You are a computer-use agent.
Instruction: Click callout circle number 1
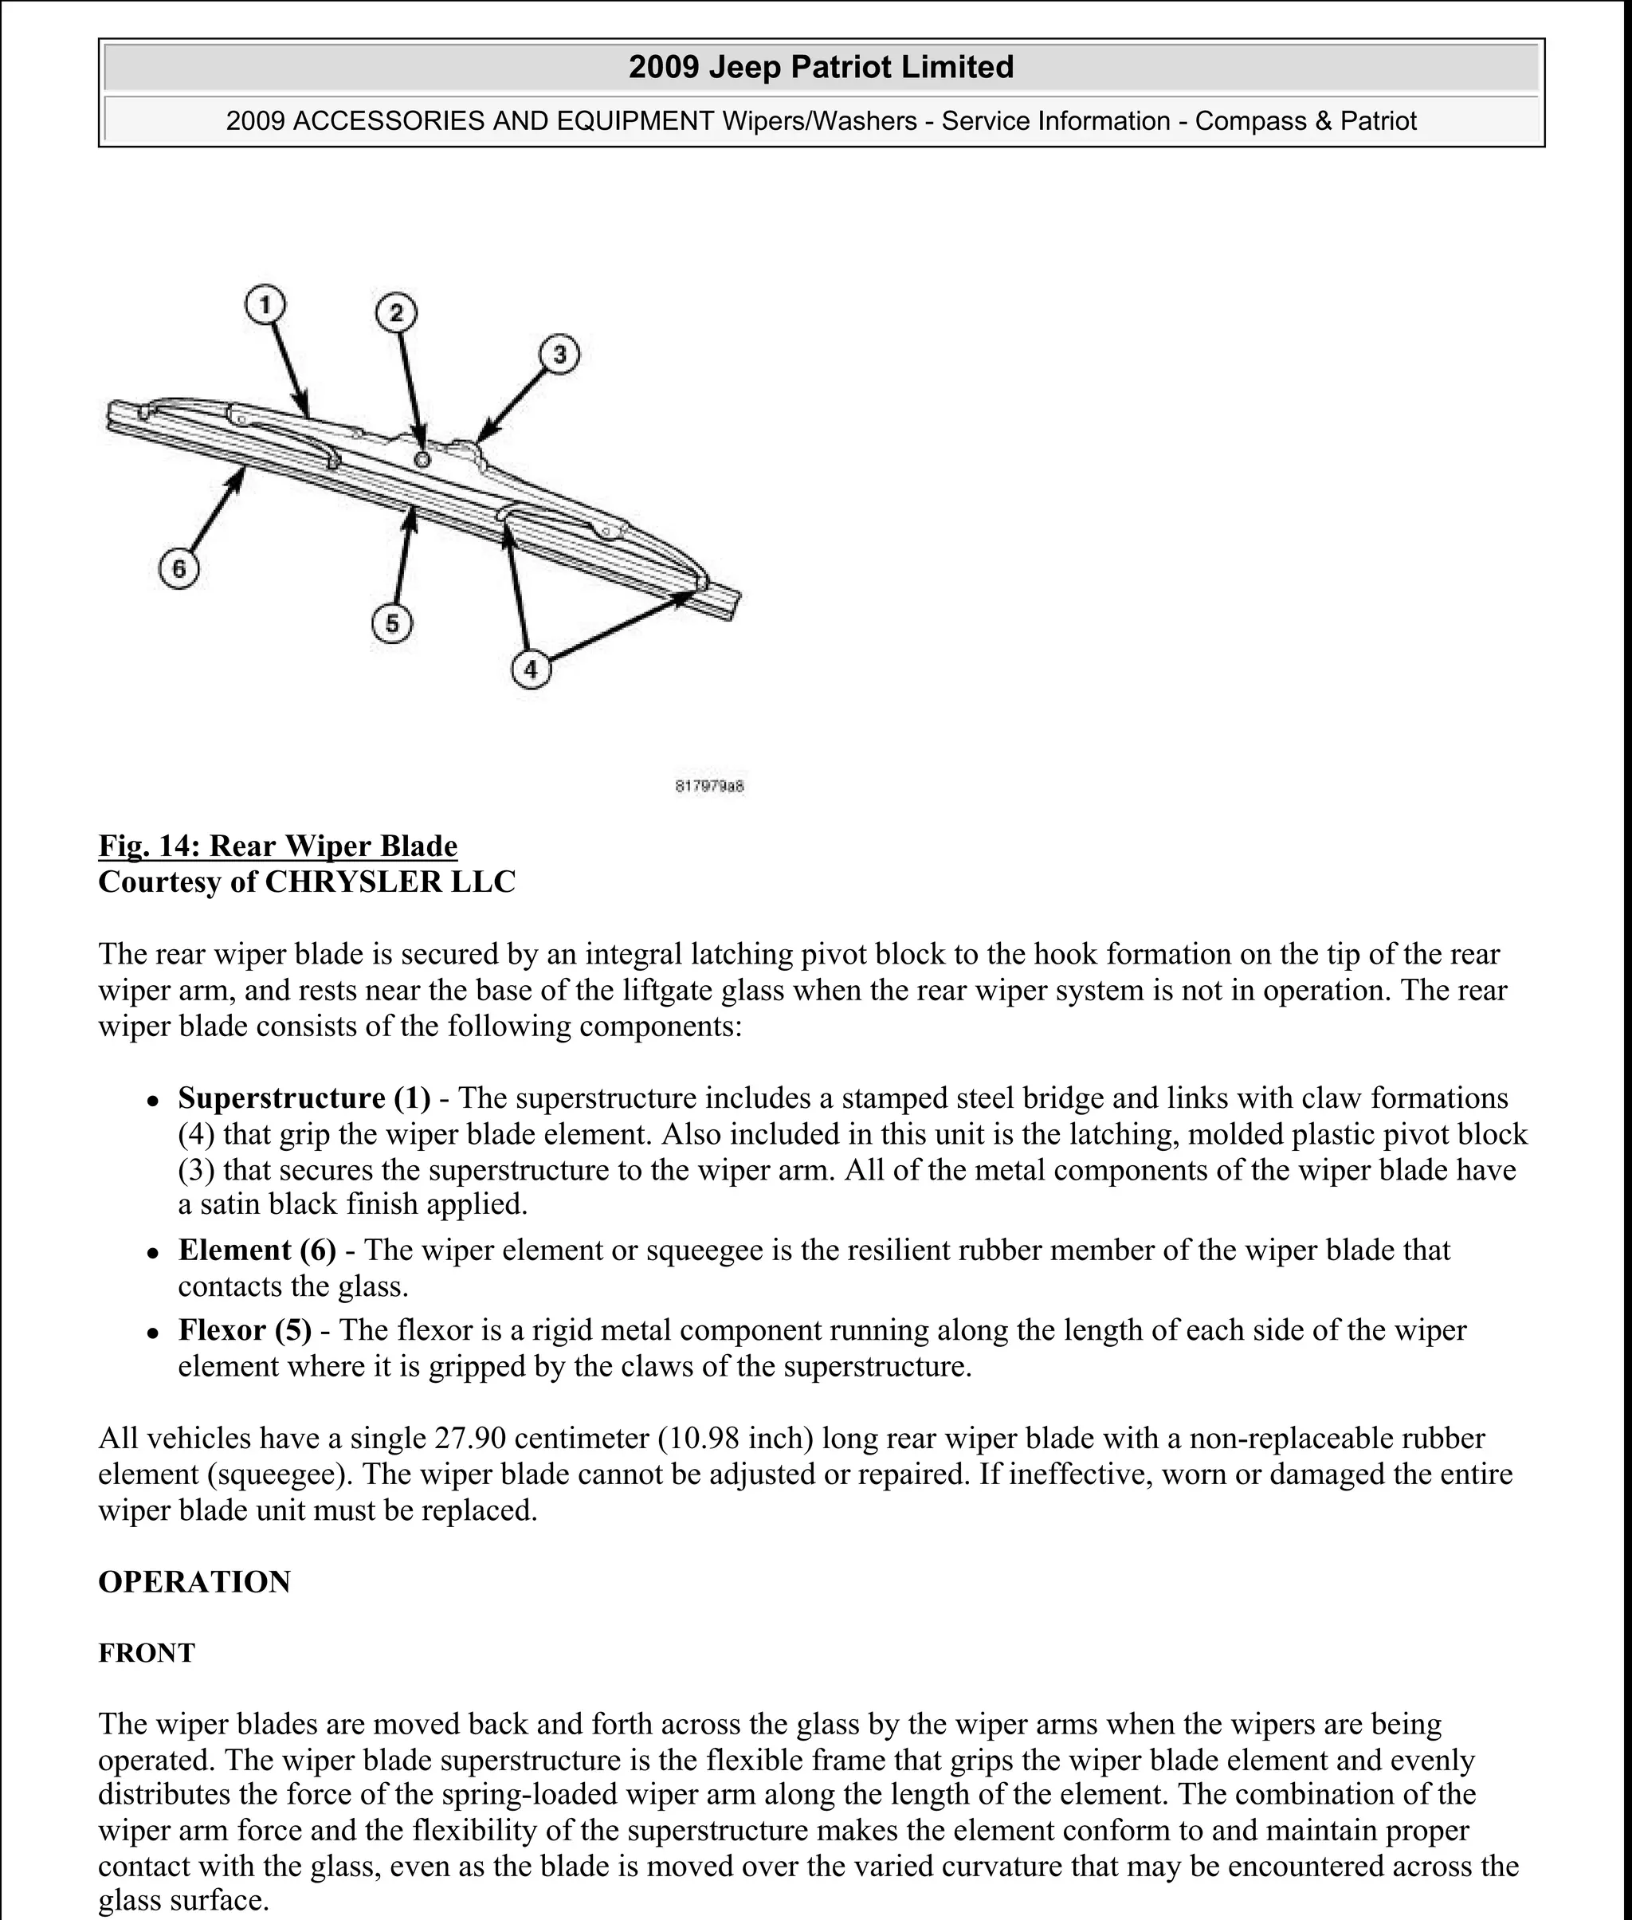click(x=265, y=304)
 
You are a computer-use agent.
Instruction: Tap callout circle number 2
click(x=396, y=314)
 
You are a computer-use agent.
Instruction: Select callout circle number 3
click(x=559, y=355)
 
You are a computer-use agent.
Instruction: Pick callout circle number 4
click(x=530, y=669)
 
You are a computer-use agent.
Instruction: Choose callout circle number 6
click(x=179, y=568)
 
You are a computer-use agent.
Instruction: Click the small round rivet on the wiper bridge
click(x=423, y=459)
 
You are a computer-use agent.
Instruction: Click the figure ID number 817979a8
click(x=709, y=787)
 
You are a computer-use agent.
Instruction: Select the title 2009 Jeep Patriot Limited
click(x=821, y=67)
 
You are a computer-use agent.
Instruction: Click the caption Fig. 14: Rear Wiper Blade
click(x=277, y=846)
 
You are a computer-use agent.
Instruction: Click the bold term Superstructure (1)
click(x=304, y=1097)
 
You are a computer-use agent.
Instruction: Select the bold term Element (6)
click(x=257, y=1250)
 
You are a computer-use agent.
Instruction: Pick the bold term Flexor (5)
click(x=245, y=1329)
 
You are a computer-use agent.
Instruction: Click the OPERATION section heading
click(x=194, y=1581)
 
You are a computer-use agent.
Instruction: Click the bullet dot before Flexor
click(x=154, y=1333)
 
